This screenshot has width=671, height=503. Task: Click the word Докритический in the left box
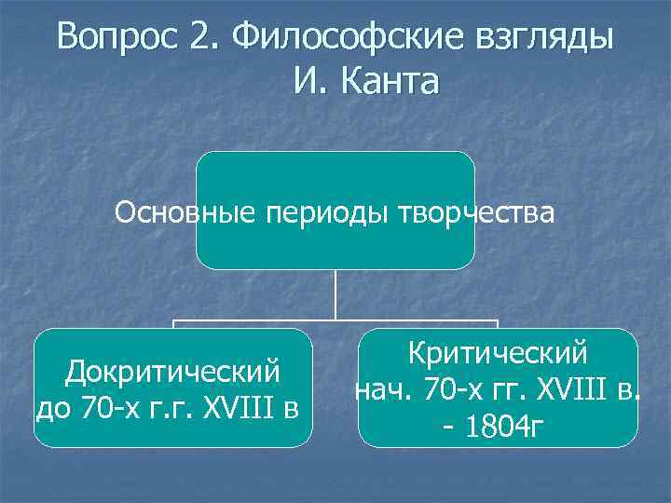click(172, 372)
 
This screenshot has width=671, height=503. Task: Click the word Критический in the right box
click(498, 354)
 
